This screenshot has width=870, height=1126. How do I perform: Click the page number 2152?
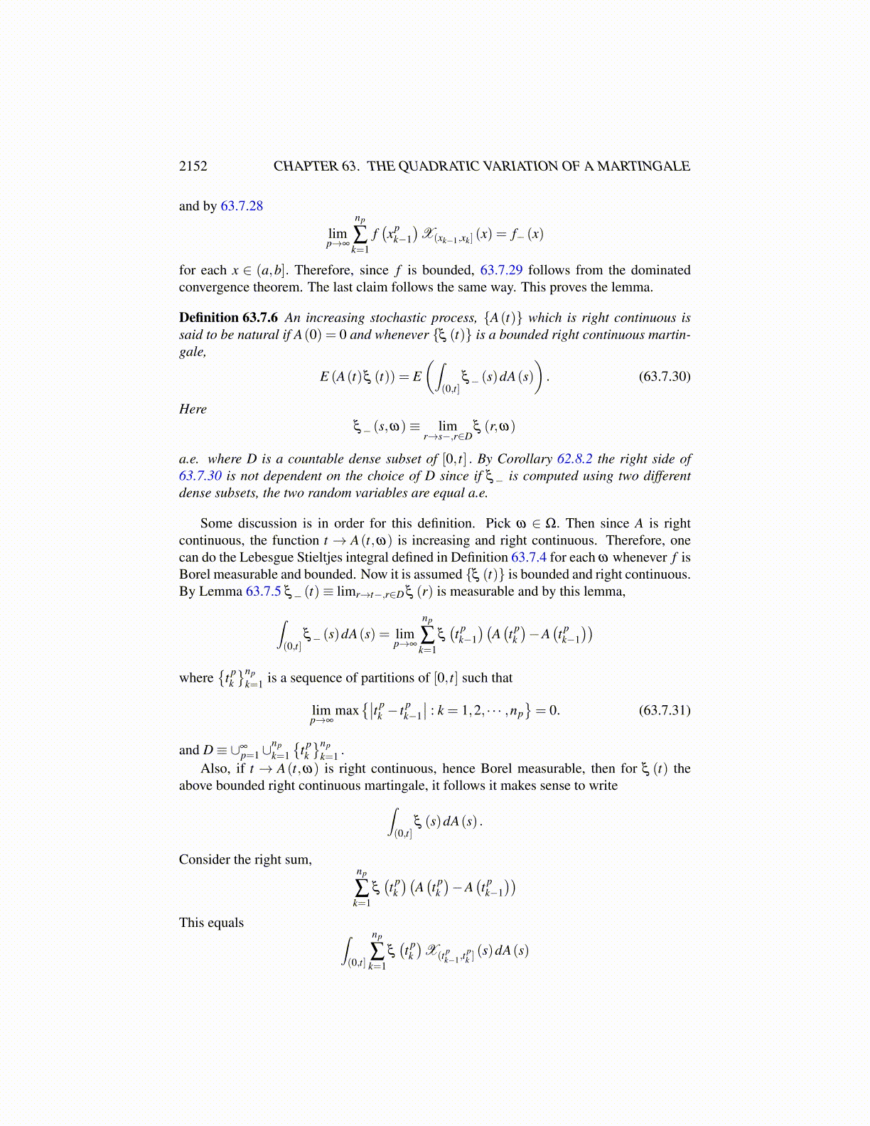point(193,166)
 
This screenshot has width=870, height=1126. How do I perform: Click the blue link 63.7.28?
point(242,206)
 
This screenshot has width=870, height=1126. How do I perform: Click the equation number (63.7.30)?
point(665,376)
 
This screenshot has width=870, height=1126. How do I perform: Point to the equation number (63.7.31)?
point(665,710)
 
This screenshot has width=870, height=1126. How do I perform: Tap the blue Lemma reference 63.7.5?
point(263,591)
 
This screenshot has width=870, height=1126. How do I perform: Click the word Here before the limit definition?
point(193,409)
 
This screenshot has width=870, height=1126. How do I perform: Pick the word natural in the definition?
point(257,335)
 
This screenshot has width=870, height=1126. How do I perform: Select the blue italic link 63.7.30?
point(200,476)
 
